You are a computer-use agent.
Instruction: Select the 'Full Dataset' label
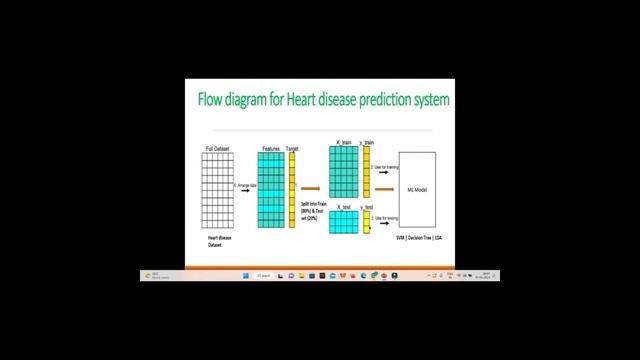pyautogui.click(x=218, y=148)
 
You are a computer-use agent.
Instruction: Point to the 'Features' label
pyautogui.click(x=271, y=148)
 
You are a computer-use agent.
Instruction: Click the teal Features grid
pyautogui.click(x=271, y=190)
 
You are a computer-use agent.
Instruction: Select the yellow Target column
pyautogui.click(x=292, y=190)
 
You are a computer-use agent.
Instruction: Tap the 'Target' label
pyautogui.click(x=292, y=148)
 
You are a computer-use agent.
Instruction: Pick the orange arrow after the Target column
pyautogui.click(x=311, y=188)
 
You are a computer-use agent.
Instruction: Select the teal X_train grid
pyautogui.click(x=344, y=172)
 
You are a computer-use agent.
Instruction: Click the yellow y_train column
pyautogui.click(x=367, y=172)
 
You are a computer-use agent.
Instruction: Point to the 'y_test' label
pyautogui.click(x=367, y=206)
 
